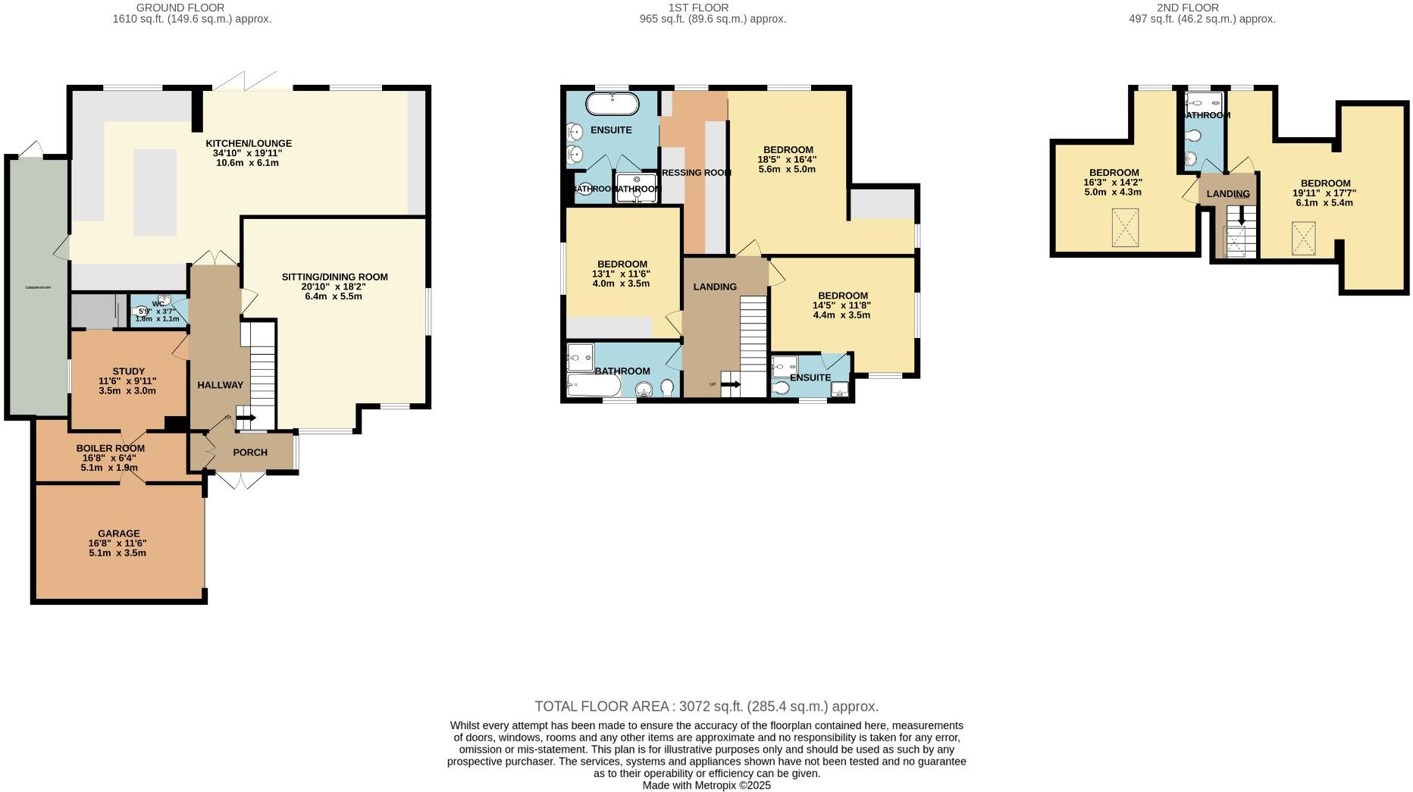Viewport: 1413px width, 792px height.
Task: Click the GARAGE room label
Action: (118, 534)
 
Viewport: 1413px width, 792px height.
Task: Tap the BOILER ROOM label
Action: (110, 448)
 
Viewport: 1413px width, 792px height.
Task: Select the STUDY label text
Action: (128, 371)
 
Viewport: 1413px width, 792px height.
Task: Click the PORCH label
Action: (250, 452)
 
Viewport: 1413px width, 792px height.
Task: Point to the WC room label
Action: (158, 304)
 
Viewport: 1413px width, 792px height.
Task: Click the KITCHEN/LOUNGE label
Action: (249, 143)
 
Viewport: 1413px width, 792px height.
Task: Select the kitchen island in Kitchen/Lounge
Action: (155, 192)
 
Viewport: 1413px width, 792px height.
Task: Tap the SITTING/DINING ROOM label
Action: (334, 277)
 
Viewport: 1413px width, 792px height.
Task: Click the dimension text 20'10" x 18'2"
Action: (334, 286)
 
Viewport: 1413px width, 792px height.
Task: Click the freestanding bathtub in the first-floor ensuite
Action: (613, 104)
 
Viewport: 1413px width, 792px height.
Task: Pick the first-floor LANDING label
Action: (715, 286)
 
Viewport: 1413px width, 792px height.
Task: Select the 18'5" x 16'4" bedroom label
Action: (788, 150)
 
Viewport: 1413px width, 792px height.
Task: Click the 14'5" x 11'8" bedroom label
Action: (842, 296)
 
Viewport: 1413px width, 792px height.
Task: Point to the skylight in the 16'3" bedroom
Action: (1126, 227)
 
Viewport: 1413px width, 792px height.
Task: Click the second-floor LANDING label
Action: (1227, 194)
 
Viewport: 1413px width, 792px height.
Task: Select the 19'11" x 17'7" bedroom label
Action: (1325, 183)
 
